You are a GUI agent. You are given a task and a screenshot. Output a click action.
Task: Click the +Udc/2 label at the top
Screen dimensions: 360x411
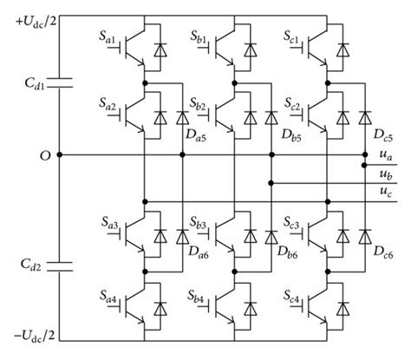point(28,16)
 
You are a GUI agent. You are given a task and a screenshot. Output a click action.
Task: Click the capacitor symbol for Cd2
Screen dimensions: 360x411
point(58,265)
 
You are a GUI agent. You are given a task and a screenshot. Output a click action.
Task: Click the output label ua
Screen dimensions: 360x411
point(384,154)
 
